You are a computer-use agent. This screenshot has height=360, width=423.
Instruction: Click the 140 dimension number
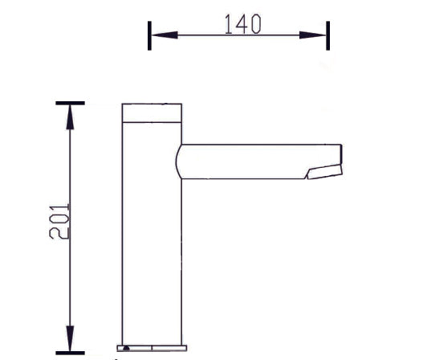(x=242, y=24)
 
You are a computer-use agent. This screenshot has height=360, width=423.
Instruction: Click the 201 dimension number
(x=59, y=222)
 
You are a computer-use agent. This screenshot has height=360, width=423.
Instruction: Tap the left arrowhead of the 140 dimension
(x=165, y=35)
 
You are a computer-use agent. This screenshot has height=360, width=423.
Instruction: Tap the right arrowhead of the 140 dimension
(x=312, y=35)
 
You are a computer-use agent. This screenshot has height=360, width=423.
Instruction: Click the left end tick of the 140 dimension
(x=149, y=35)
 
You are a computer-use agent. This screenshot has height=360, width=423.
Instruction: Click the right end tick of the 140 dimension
(x=327, y=35)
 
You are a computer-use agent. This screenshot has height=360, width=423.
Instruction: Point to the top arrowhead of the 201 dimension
(x=70, y=117)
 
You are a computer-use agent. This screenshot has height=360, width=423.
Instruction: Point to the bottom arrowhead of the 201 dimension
(x=70, y=338)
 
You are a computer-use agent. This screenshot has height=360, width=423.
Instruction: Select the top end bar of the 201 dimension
(x=70, y=103)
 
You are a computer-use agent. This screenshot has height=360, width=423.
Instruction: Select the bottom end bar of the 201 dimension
(x=70, y=353)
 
